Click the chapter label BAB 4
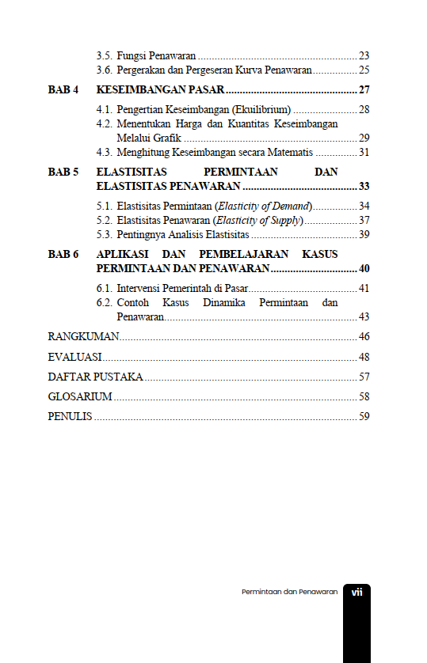tap(63, 89)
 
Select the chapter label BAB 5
tap(63, 171)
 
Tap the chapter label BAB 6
tap(63, 254)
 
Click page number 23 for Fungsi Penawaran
tap(364, 55)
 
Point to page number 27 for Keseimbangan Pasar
tap(364, 89)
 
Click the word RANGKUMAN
tap(83, 337)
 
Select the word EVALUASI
tap(75, 357)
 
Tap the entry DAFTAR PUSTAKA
tap(95, 377)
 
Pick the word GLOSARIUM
tap(80, 396)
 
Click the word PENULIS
tap(70, 416)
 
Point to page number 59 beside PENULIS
tap(364, 416)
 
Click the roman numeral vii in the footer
tap(357, 592)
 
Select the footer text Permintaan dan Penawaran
tap(289, 592)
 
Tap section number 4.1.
tap(104, 109)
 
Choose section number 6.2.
tap(104, 303)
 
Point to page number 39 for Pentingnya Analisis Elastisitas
tap(364, 234)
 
